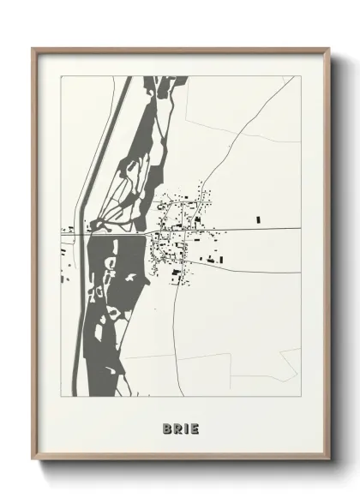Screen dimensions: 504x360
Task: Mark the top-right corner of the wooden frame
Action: tap(329, 49)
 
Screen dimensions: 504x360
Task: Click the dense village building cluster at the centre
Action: tap(176, 231)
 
